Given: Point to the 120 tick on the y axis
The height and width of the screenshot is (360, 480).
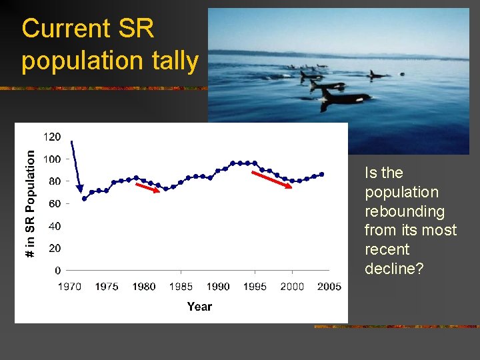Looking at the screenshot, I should pos(53,137).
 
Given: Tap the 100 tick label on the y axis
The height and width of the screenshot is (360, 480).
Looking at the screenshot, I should pos(53,159).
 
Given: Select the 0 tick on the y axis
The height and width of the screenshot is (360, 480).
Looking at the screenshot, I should pos(58,271).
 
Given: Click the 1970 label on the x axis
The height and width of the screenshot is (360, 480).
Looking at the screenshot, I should pos(69,287).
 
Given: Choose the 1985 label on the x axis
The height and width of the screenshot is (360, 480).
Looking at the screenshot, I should pos(181,287).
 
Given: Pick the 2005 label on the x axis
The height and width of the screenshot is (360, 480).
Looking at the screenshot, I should pos(329,287).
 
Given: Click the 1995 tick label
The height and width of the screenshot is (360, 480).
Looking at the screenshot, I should pos(255,287).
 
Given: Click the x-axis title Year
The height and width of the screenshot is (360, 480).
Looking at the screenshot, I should pos(199,307).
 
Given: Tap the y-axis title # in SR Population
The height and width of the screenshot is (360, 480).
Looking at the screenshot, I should pos(30,203).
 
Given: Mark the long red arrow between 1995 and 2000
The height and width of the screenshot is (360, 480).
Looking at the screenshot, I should pos(271,180).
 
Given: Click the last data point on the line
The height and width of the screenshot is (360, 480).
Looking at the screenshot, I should pos(321,175).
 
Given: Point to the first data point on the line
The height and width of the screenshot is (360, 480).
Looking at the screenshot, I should pos(84,199).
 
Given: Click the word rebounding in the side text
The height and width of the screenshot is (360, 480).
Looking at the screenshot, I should pos(404,211).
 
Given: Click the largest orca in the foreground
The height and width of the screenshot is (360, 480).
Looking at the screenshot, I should pos(343,98).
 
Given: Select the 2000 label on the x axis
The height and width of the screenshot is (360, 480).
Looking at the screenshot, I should pos(292,287).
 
